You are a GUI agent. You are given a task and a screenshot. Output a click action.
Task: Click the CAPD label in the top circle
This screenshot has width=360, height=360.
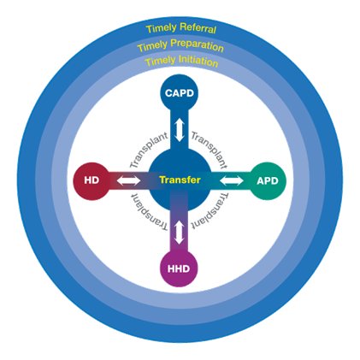pyautogui.click(x=180, y=93)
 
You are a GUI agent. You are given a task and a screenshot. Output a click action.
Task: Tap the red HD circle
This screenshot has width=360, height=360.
pyautogui.click(x=91, y=180)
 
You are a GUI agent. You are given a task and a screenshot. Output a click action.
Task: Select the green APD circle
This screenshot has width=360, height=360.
pyautogui.click(x=268, y=180)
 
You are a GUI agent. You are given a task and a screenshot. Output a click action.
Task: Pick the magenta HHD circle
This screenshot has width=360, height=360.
pyautogui.click(x=179, y=269)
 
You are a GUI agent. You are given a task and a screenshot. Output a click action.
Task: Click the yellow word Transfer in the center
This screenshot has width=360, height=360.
pyautogui.click(x=180, y=180)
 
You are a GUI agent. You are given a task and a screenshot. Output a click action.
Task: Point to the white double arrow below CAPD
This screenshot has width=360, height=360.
pyautogui.click(x=180, y=130)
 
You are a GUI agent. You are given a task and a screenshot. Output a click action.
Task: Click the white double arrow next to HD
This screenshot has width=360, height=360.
pyautogui.click(x=129, y=180)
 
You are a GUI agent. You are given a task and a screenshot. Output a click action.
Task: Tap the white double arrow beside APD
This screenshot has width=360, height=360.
pyautogui.click(x=232, y=180)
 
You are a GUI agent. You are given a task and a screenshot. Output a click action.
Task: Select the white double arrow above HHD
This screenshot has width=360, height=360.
pyautogui.click(x=179, y=233)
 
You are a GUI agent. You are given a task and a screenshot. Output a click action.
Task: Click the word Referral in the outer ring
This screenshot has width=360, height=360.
pyautogui.click(x=198, y=28)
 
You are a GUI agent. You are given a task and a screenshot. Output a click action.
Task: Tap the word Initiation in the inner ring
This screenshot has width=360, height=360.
pyautogui.click(x=198, y=61)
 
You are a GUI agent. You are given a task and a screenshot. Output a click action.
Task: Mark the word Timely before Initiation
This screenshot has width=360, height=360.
pyautogui.click(x=160, y=61)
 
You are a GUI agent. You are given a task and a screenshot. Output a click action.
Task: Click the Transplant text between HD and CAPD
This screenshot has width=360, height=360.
pyautogui.click(x=148, y=149)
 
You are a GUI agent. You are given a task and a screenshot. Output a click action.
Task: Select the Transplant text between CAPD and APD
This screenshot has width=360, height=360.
pyautogui.click(x=210, y=149)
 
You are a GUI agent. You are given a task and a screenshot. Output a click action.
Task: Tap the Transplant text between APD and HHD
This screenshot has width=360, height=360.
pyautogui.click(x=210, y=211)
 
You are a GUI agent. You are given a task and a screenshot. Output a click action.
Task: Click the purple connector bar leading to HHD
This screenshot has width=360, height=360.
pyautogui.click(x=179, y=225)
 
